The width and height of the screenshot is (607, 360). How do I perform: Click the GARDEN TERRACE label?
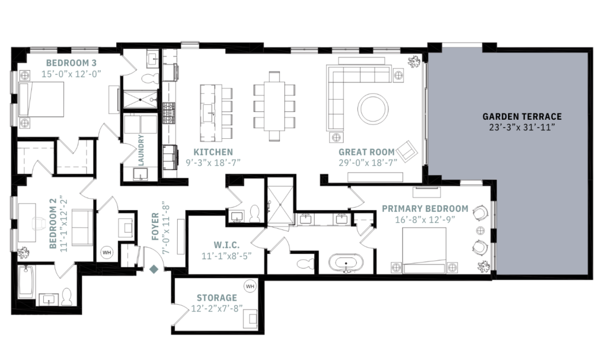point(522,117)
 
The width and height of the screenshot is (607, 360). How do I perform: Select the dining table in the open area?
point(274,106)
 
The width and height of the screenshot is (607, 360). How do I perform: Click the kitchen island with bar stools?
point(209,110)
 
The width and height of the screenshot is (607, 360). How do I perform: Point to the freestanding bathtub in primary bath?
point(343,263)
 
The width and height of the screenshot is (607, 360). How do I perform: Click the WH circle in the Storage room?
point(250,286)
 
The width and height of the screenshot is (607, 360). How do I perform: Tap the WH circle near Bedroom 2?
point(107,251)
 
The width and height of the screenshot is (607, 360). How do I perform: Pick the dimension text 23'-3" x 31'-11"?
point(522,127)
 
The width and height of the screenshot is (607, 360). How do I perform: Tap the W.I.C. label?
point(226,245)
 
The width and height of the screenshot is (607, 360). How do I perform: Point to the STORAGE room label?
point(217,298)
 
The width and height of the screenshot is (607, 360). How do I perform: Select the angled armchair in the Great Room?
point(407,152)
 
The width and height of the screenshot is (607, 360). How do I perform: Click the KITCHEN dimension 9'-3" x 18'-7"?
point(213,163)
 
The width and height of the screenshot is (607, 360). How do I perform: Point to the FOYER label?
point(155,227)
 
